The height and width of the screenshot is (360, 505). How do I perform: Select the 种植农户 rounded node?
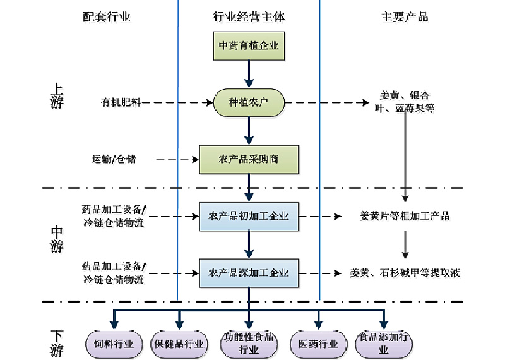tap(249, 102)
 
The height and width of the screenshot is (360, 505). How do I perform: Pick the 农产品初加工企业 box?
tap(249, 217)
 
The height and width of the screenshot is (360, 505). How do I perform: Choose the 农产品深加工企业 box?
tap(249, 273)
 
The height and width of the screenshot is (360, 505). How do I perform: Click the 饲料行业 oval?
tap(114, 344)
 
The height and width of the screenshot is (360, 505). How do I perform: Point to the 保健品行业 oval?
tap(179, 344)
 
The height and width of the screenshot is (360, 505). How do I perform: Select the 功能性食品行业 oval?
tap(249, 344)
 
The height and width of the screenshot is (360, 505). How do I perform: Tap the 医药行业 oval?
tap(318, 344)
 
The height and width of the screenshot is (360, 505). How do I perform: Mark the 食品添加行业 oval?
tap(384, 344)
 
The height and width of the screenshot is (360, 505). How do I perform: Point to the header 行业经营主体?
tap(249, 18)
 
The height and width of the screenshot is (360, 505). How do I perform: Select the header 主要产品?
tap(405, 18)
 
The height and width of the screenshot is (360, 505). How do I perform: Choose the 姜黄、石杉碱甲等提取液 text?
tap(405, 273)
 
